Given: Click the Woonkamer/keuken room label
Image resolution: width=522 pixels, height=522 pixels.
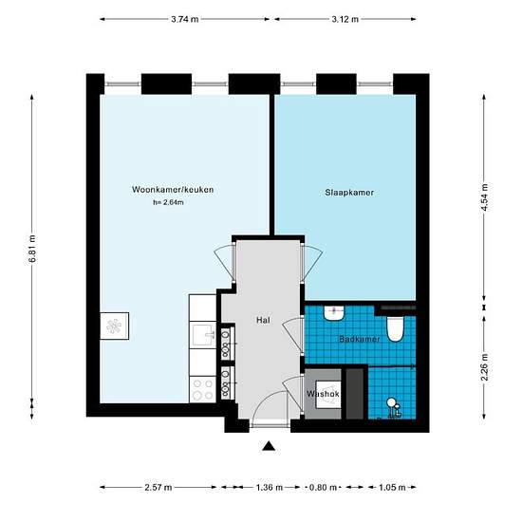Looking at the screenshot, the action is [173, 190].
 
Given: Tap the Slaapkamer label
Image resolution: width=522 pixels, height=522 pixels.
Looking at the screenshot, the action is [349, 193].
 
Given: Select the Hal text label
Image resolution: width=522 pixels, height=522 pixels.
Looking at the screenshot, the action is [263, 320].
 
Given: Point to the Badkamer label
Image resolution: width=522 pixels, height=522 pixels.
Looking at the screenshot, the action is [359, 339].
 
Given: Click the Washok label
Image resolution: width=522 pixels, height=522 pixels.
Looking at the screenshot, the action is [323, 394].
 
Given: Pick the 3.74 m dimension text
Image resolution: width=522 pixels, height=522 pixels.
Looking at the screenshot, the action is [185, 19].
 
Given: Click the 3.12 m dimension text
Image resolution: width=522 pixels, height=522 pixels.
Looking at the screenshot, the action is [345, 19].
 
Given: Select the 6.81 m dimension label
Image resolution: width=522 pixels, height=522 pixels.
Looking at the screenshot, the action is [32, 249].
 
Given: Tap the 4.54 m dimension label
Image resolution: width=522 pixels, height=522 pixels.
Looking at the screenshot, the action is [484, 197].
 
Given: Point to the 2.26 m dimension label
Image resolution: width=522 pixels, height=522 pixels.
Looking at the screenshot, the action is [484, 367].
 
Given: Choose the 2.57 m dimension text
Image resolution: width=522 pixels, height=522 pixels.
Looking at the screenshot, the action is [158, 488].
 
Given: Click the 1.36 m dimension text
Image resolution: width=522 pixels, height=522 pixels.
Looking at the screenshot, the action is [270, 488].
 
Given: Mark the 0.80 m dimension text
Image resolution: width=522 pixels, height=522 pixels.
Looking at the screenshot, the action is [323, 488].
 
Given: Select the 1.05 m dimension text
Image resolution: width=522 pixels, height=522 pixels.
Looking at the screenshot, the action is [392, 488].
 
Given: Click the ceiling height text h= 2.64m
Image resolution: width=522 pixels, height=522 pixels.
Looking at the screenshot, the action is [168, 202].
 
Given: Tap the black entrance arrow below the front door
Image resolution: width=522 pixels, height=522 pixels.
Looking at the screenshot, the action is [269, 446].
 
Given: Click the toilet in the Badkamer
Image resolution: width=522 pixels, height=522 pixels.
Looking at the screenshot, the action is [395, 329].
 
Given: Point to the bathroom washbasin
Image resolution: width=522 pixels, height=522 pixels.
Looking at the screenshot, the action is [335, 313].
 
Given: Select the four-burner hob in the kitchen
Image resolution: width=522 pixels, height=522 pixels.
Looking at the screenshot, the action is [203, 389].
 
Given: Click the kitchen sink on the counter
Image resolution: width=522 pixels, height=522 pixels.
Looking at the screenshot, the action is [203, 335].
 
